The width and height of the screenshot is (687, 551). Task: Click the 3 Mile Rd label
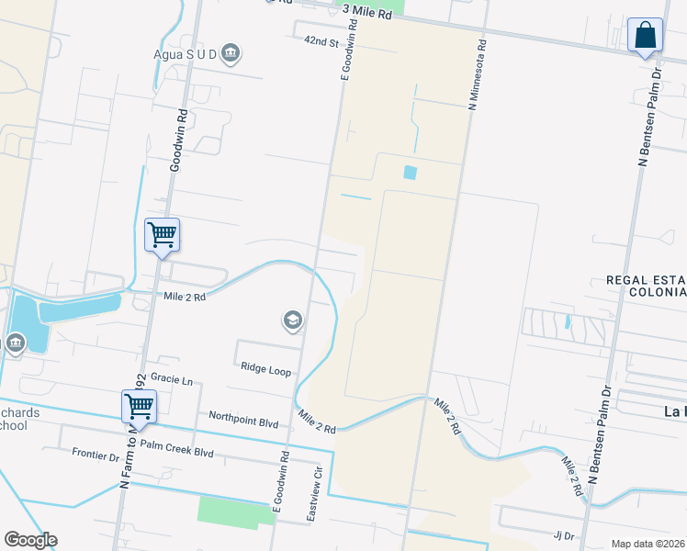366,8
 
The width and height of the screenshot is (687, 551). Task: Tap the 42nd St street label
323,42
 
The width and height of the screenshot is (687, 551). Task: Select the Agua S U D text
185,53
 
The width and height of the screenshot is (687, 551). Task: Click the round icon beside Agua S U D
231,52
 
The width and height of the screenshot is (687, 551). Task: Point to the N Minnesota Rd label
477,74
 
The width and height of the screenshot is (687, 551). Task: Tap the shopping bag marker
645,36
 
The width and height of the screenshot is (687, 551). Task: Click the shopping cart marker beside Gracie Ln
139,405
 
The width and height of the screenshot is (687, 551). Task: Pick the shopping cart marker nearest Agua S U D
162,234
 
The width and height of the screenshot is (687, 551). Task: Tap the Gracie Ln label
174,379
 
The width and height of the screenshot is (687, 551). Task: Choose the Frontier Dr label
96,455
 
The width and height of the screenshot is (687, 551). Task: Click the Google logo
30,540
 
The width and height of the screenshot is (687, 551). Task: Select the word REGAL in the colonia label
627,280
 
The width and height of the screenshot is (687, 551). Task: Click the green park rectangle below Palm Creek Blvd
235,512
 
